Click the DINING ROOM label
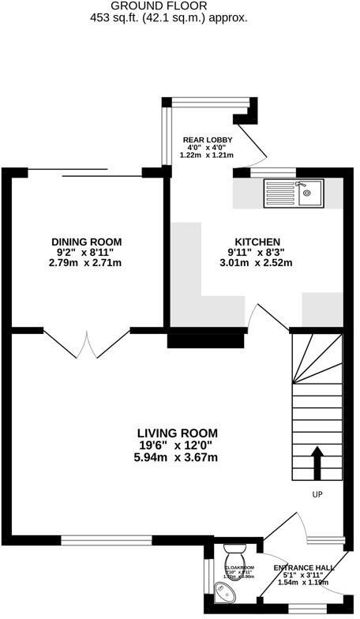click(87, 242)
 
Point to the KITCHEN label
click(257, 242)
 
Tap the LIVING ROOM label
click(178, 433)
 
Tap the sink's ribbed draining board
click(279, 192)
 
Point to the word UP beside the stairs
click(317, 495)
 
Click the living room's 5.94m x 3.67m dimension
click(178, 457)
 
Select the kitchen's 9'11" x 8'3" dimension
click(257, 253)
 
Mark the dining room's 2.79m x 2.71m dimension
click(87, 264)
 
